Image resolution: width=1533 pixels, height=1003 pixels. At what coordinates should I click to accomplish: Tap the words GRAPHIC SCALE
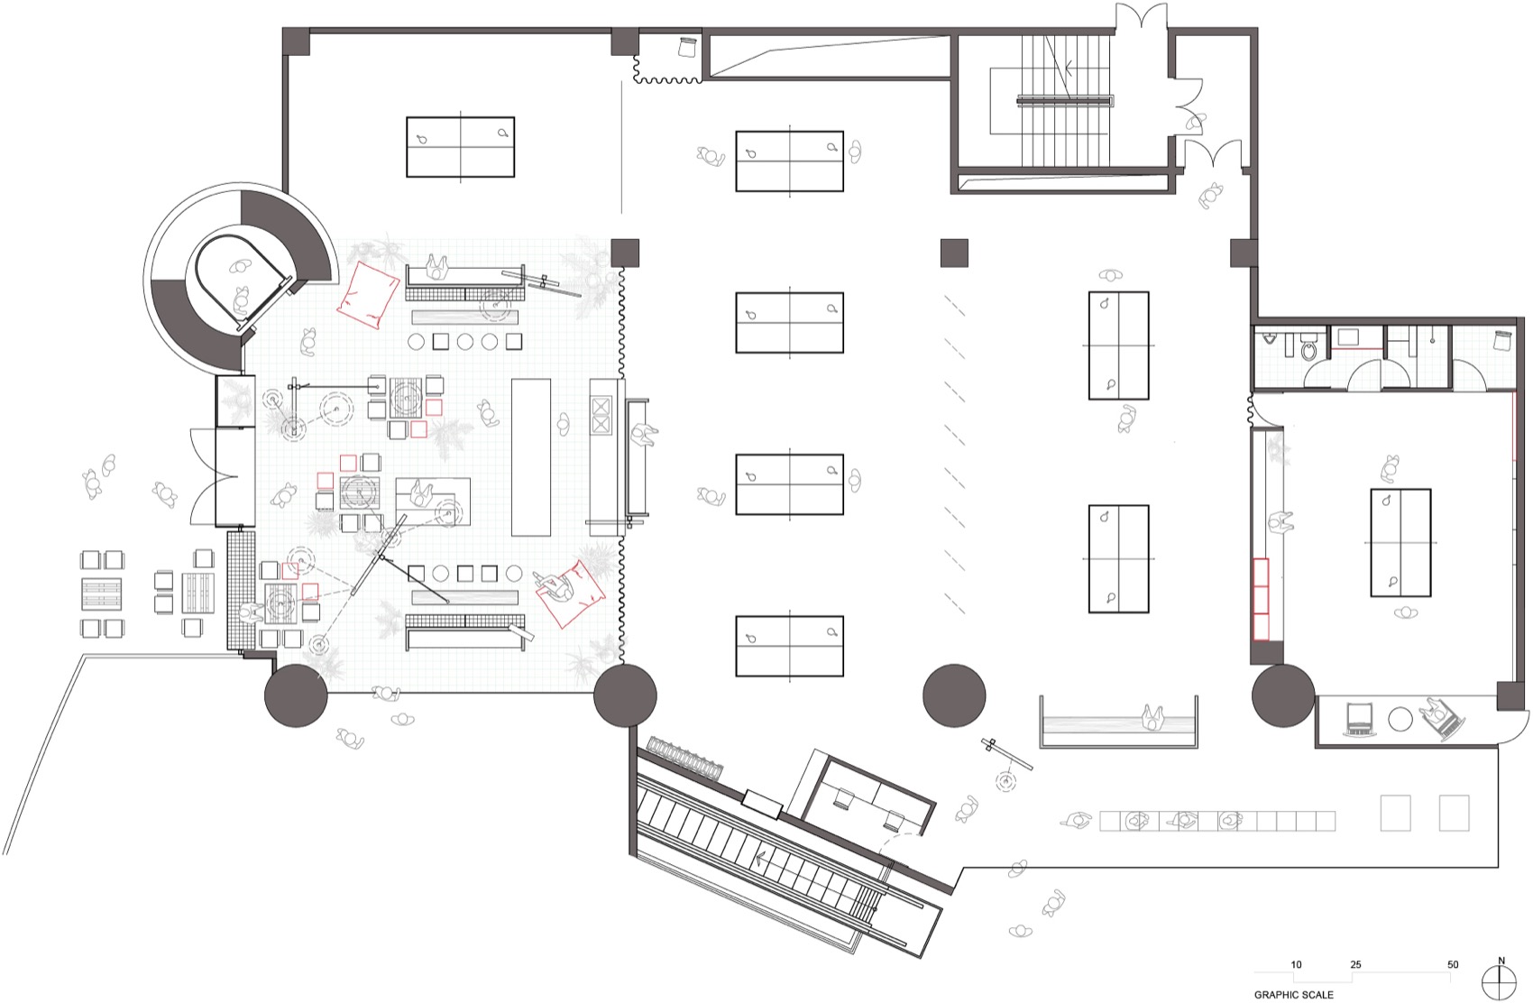(1293, 995)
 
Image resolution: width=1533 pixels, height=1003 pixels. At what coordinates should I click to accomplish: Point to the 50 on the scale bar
(1452, 964)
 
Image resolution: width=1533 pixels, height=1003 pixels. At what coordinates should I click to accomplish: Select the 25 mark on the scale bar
(1355, 964)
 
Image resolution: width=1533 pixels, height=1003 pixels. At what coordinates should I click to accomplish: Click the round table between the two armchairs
(1400, 719)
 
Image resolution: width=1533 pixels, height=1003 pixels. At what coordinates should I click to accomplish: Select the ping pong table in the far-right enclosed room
(1400, 542)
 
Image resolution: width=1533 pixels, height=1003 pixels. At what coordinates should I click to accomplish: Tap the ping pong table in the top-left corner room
(460, 146)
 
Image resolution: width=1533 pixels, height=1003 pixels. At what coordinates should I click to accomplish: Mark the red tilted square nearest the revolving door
(368, 291)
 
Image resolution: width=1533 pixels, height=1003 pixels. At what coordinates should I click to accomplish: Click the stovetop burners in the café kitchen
(601, 416)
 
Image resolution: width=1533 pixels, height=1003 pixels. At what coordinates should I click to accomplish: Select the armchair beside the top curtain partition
(687, 46)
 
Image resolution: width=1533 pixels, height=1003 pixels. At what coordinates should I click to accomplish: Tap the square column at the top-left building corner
(296, 41)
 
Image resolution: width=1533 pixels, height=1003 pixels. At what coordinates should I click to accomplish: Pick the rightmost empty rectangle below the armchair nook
(1454, 812)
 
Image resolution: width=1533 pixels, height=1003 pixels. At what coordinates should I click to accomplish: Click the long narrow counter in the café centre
(530, 457)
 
